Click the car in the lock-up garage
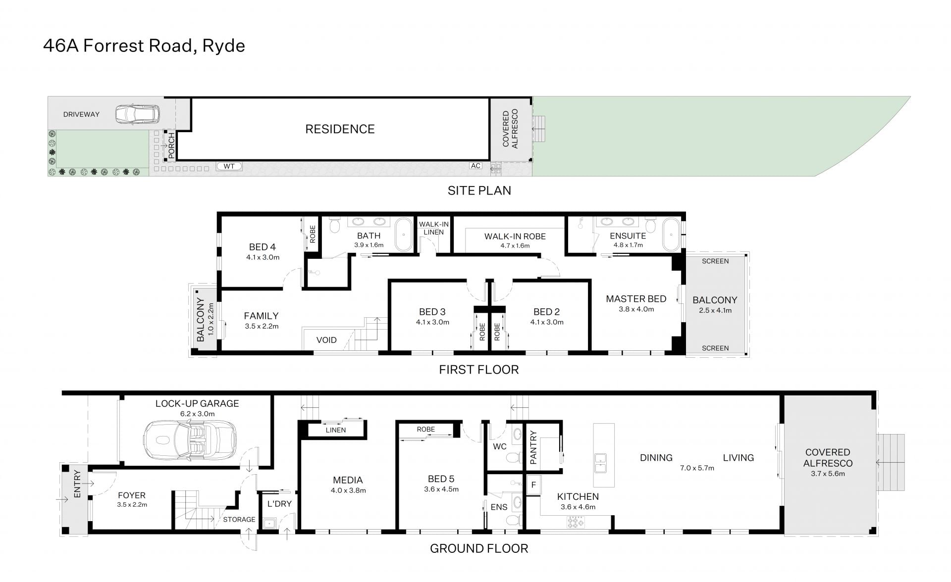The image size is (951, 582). pyautogui.click(x=190, y=440)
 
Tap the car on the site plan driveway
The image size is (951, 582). pyautogui.click(x=138, y=114)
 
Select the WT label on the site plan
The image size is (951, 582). pyautogui.click(x=229, y=166)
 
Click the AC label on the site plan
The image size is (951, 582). pyautogui.click(x=476, y=166)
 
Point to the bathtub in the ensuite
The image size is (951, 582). pyautogui.click(x=672, y=234)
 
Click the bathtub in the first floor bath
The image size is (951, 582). pyautogui.click(x=404, y=234)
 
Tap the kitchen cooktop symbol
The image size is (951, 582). pyautogui.click(x=576, y=522)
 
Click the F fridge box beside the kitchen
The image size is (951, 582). pyautogui.click(x=533, y=485)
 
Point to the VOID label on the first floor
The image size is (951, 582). pyautogui.click(x=326, y=340)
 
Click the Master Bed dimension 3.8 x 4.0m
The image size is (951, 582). pyautogui.click(x=636, y=309)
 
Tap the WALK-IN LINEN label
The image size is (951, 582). pyautogui.click(x=434, y=228)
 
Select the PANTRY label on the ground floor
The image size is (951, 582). pyautogui.click(x=533, y=447)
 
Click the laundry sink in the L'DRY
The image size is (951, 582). pyautogui.click(x=270, y=523)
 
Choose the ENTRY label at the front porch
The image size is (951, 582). pyautogui.click(x=77, y=484)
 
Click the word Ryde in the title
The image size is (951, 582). pyautogui.click(x=223, y=46)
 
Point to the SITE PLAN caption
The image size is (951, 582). pyautogui.click(x=479, y=191)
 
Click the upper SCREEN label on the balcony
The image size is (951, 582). pyautogui.click(x=715, y=261)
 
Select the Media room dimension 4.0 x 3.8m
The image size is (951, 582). pyautogui.click(x=348, y=490)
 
